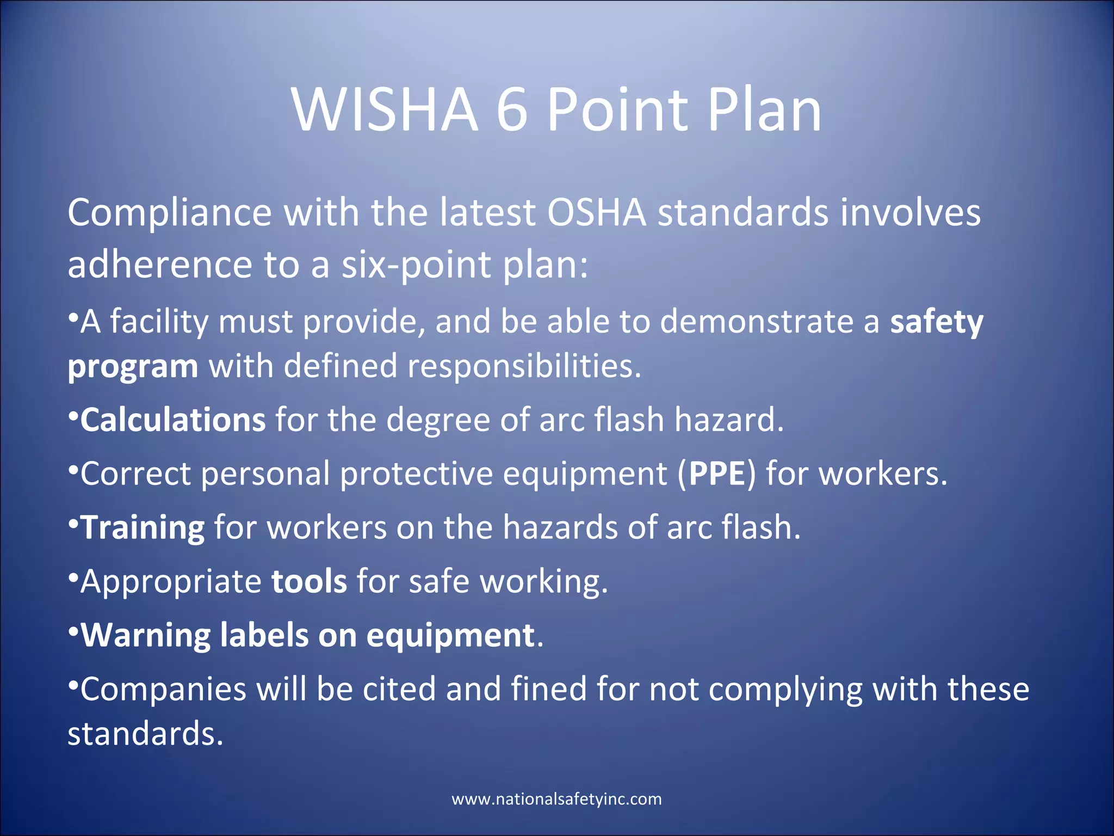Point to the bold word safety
[x=936, y=322]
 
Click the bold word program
[x=133, y=366]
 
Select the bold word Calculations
[x=173, y=420]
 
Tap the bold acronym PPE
[x=716, y=474]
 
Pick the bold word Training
[x=143, y=527]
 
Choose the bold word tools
[x=309, y=581]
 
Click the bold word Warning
[x=146, y=635]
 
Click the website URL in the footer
[x=556, y=799]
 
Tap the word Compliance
[x=169, y=213]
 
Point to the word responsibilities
[x=524, y=366]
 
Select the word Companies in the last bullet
[x=163, y=690]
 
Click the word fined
[x=548, y=689]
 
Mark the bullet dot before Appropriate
[x=73, y=576]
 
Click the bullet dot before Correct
[x=73, y=468]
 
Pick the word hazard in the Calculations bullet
[x=728, y=420]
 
